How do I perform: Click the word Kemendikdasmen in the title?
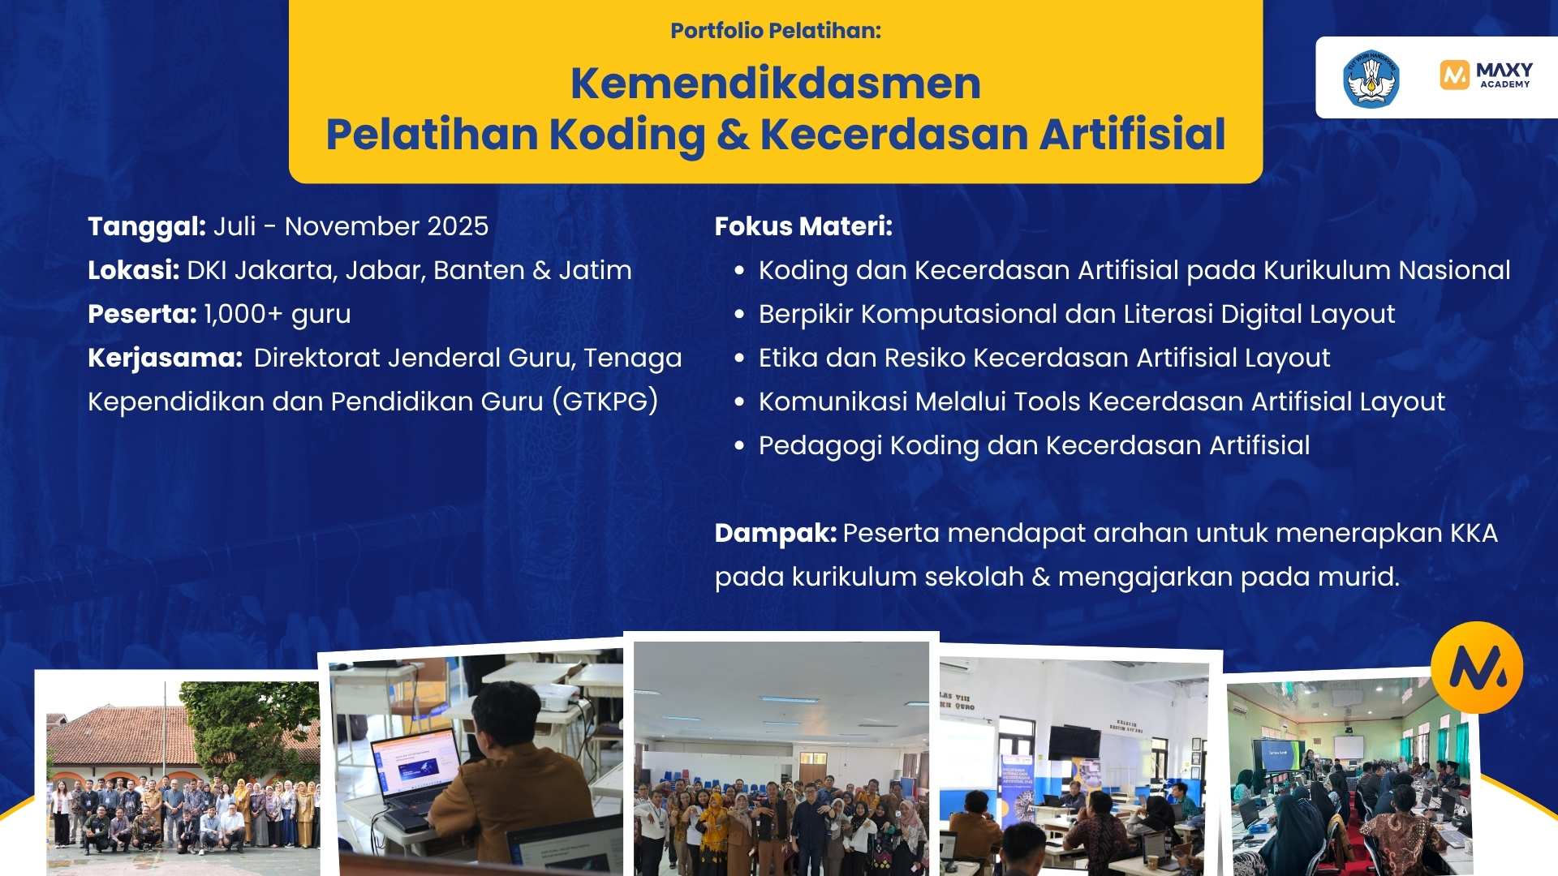pyautogui.click(x=775, y=84)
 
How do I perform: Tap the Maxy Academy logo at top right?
pyautogui.click(x=1486, y=75)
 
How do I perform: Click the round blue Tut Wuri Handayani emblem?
pyautogui.click(x=1371, y=79)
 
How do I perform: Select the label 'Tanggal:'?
pyautogui.click(x=147, y=226)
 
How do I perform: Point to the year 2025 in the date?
pyautogui.click(x=458, y=226)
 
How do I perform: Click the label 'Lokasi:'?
pyautogui.click(x=133, y=270)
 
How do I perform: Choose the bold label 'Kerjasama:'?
pyautogui.click(x=165, y=358)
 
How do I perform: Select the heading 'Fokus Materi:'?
pyautogui.click(x=803, y=226)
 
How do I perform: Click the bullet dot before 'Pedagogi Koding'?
pyautogui.click(x=738, y=445)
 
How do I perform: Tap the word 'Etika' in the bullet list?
pyautogui.click(x=788, y=358)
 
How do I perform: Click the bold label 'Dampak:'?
pyautogui.click(x=775, y=533)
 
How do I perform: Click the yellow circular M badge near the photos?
pyautogui.click(x=1477, y=668)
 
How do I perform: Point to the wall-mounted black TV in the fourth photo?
pyautogui.click(x=1074, y=742)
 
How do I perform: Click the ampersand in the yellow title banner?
pyautogui.click(x=733, y=135)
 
